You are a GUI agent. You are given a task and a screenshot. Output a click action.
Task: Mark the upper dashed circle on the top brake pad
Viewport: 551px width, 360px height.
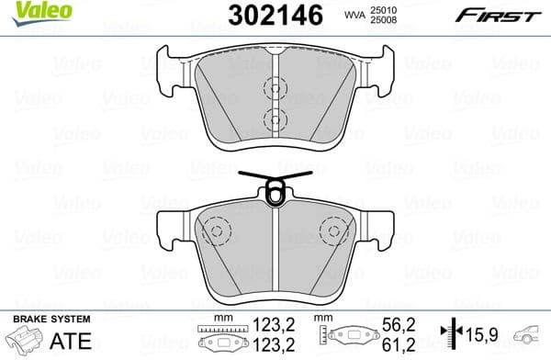273,88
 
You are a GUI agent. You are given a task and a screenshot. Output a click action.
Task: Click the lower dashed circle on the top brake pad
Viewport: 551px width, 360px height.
273,117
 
